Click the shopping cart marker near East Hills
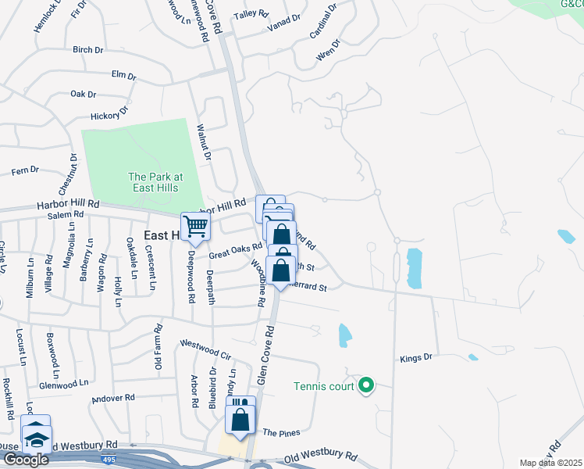pos(195,227)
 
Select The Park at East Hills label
pos(155,182)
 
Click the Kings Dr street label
pos(415,358)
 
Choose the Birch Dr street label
pos(87,50)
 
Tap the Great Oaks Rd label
pos(234,250)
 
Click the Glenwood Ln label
pos(64,385)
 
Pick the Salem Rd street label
pos(65,215)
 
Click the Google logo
pos(26,459)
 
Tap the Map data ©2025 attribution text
pos(550,463)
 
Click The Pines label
pos(281,432)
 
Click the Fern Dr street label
pos(24,170)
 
